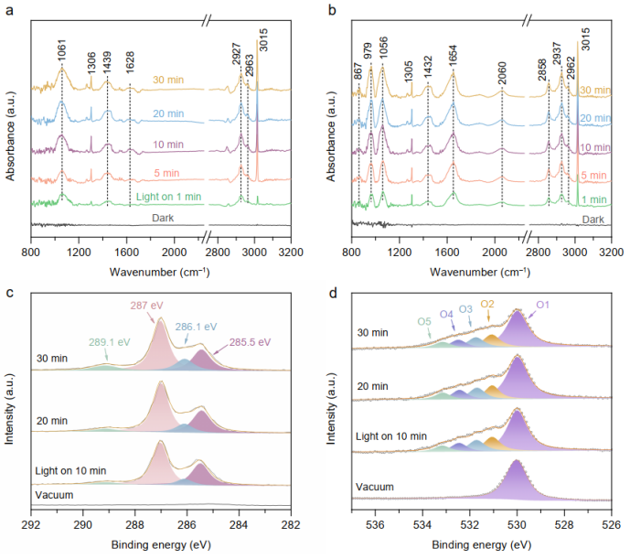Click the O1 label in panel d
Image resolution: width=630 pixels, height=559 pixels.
coord(542,305)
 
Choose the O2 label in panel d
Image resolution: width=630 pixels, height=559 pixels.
coord(487,304)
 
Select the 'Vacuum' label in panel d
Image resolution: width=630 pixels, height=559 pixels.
coord(375,487)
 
